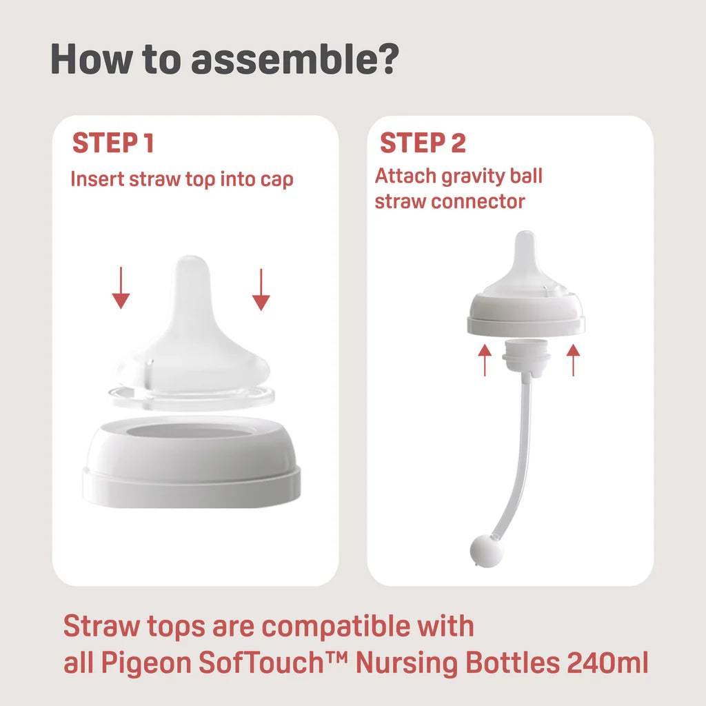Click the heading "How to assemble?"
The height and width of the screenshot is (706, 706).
tap(225, 60)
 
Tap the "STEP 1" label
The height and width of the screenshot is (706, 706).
tap(113, 143)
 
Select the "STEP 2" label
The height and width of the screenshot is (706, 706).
tap(423, 143)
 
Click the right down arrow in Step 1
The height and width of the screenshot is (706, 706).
tap(261, 290)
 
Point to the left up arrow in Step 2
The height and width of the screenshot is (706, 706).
tap(485, 360)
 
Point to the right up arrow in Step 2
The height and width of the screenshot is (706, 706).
tap(573, 360)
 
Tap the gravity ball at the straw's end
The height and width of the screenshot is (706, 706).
tap(487, 552)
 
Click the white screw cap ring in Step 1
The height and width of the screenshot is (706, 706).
tap(191, 462)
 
